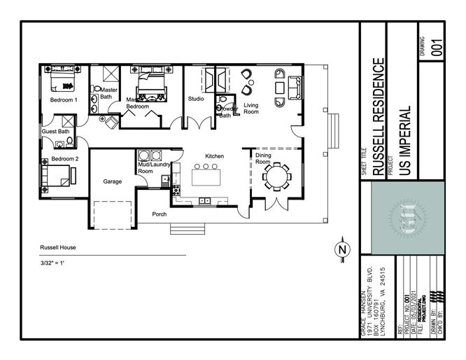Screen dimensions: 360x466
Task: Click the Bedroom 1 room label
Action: click(x=63, y=100)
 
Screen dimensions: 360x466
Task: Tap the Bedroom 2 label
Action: click(x=63, y=159)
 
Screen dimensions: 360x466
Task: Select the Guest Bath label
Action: click(x=55, y=132)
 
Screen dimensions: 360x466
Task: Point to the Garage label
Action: click(x=113, y=181)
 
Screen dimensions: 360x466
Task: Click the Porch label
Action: click(x=160, y=214)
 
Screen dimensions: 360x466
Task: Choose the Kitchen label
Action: click(x=214, y=155)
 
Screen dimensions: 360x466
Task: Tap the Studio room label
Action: click(x=196, y=99)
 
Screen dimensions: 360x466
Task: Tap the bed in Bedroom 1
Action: click(x=63, y=85)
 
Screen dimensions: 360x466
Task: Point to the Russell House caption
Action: click(x=58, y=248)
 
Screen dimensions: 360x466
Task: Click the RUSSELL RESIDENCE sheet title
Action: click(x=378, y=116)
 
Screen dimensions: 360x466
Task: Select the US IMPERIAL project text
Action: click(x=403, y=140)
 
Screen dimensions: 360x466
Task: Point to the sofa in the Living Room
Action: click(x=296, y=86)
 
